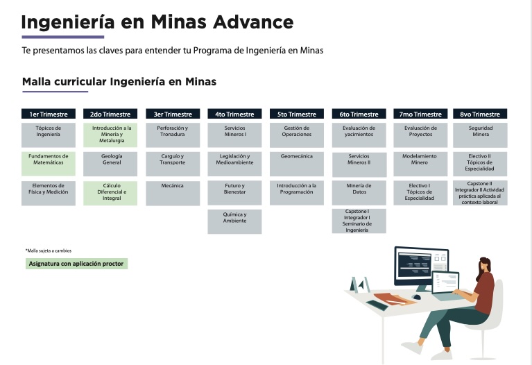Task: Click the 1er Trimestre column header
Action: pos(49,114)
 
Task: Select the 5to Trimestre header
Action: pos(297,114)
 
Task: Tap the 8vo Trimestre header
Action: pos(480,114)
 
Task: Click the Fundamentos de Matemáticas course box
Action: pos(49,164)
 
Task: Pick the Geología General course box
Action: pos(110,164)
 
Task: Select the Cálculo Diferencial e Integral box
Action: pos(110,193)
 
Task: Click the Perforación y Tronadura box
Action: pos(173,135)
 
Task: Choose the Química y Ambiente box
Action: pos(234,221)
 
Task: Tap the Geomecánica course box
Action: pos(297,164)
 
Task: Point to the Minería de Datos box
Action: pos(359,193)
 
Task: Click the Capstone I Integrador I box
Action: pos(359,221)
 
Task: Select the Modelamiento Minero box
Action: pos(420,164)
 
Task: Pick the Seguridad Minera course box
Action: pos(480,135)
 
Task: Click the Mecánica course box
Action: pos(173,193)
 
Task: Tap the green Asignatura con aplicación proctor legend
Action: pos(76,264)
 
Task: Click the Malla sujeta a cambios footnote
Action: pos(49,251)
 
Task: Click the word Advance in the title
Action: pos(253,22)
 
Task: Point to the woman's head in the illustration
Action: pos(485,264)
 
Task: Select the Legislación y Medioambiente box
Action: pos(234,164)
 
